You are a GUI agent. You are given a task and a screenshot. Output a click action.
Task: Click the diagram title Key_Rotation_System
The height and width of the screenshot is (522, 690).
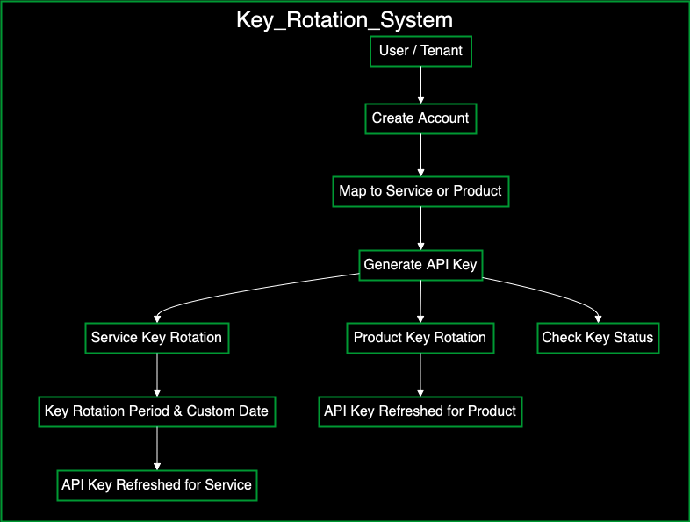coord(344,20)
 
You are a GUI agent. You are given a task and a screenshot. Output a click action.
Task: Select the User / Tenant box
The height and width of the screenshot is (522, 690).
coord(420,51)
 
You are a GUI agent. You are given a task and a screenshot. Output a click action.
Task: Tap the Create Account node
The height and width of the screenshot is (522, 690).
coord(420,118)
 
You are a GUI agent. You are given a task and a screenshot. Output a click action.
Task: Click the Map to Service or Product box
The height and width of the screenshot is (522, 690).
coord(420,191)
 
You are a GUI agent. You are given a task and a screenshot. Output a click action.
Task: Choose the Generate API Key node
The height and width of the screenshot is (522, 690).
coord(420,265)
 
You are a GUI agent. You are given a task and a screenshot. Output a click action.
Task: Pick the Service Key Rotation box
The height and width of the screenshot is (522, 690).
coord(157,338)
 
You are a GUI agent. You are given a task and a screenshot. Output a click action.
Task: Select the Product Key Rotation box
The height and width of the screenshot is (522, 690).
coord(420,338)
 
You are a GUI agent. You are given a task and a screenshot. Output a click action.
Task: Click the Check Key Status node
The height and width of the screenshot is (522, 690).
coord(598,338)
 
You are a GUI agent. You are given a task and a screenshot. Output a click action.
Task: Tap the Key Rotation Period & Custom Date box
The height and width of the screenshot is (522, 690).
coord(157,411)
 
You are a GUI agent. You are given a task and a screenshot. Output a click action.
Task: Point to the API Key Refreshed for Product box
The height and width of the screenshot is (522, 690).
coord(420,411)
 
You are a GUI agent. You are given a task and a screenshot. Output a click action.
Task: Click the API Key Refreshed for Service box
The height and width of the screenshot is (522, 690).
coord(157,484)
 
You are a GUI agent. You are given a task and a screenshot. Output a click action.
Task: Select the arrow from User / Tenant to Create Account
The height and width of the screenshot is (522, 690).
coord(420,84)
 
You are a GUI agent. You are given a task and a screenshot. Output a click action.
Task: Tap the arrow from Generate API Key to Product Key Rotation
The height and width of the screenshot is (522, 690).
coord(420,301)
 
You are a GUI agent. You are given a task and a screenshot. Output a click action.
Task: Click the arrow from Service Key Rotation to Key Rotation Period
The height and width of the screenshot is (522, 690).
coord(157,375)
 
